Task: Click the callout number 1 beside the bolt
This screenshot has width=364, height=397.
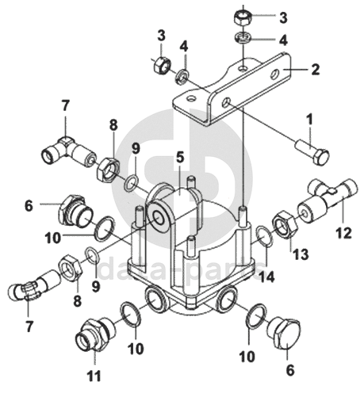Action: pos(309,120)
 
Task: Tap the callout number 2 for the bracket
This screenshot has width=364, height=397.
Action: pos(315,69)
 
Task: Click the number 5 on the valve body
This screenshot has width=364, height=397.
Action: pos(179,158)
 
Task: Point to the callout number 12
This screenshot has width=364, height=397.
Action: pos(343,233)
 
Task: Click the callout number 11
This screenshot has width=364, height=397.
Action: pos(94,376)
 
